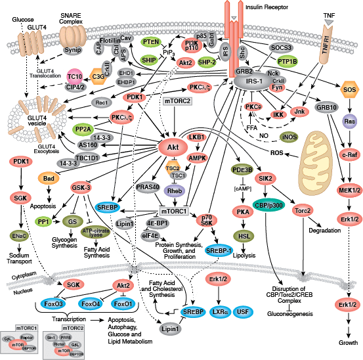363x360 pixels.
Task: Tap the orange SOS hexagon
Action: pyautogui.click(x=349, y=89)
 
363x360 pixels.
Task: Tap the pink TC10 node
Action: pyautogui.click(x=74, y=78)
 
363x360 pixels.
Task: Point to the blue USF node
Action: pyautogui.click(x=244, y=310)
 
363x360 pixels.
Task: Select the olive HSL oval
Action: pyautogui.click(x=247, y=235)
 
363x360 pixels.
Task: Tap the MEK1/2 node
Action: pyautogui.click(x=349, y=191)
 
